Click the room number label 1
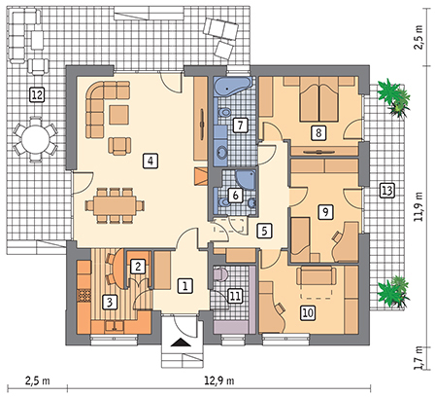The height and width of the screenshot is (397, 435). (x=186, y=285)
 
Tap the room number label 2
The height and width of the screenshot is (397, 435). (x=138, y=266)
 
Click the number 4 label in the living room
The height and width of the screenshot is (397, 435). (x=150, y=161)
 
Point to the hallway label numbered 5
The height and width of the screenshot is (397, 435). (x=263, y=231)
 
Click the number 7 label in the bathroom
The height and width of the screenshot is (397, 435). (x=240, y=125)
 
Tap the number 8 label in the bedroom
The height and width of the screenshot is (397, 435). (x=317, y=131)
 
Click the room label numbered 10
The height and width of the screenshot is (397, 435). (x=307, y=312)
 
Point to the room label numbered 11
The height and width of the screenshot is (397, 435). (x=234, y=295)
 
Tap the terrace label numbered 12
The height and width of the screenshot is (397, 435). (x=36, y=94)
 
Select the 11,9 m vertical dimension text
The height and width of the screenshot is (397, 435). (x=418, y=204)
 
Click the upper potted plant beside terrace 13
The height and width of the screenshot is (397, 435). (x=389, y=96)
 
